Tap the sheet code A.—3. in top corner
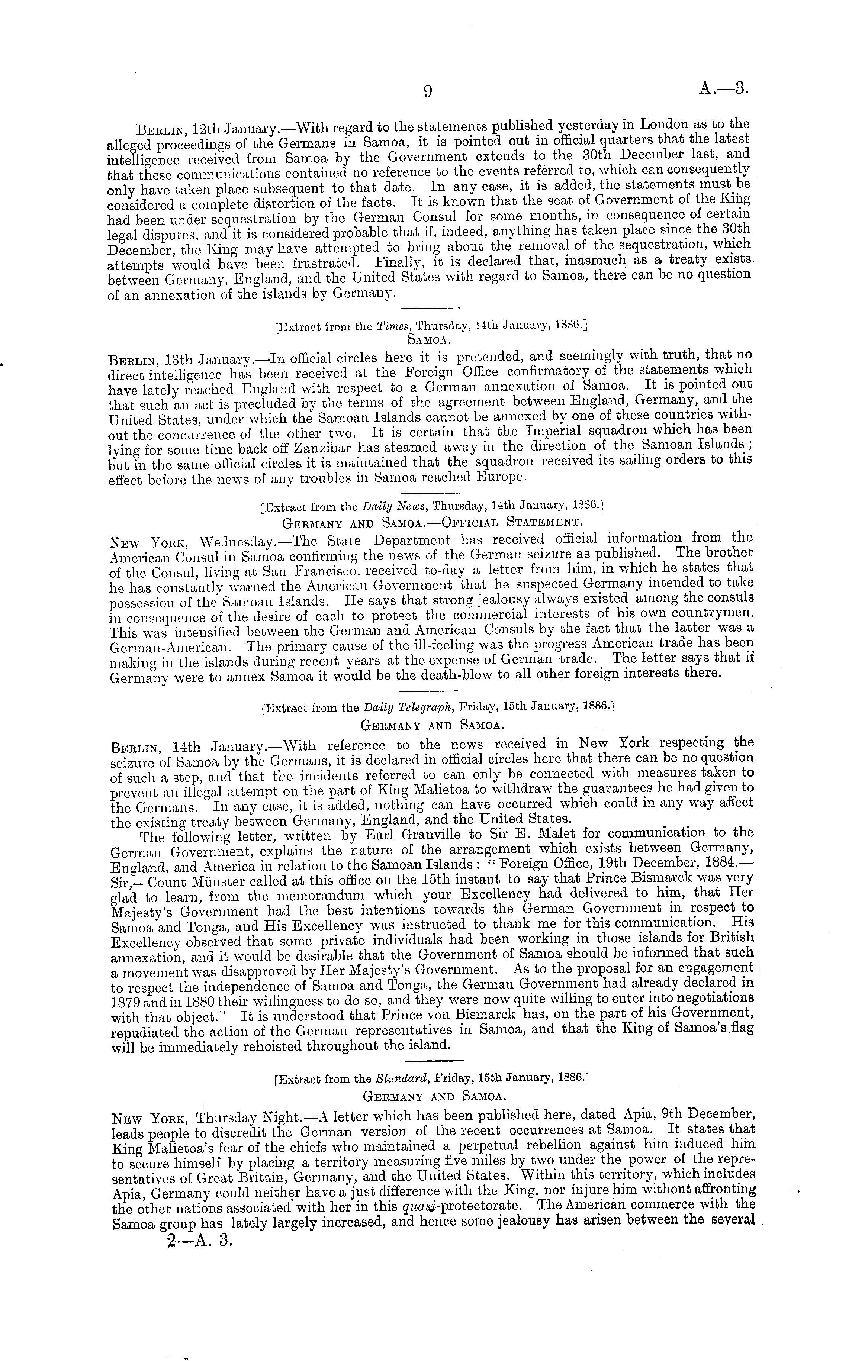point(723,88)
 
